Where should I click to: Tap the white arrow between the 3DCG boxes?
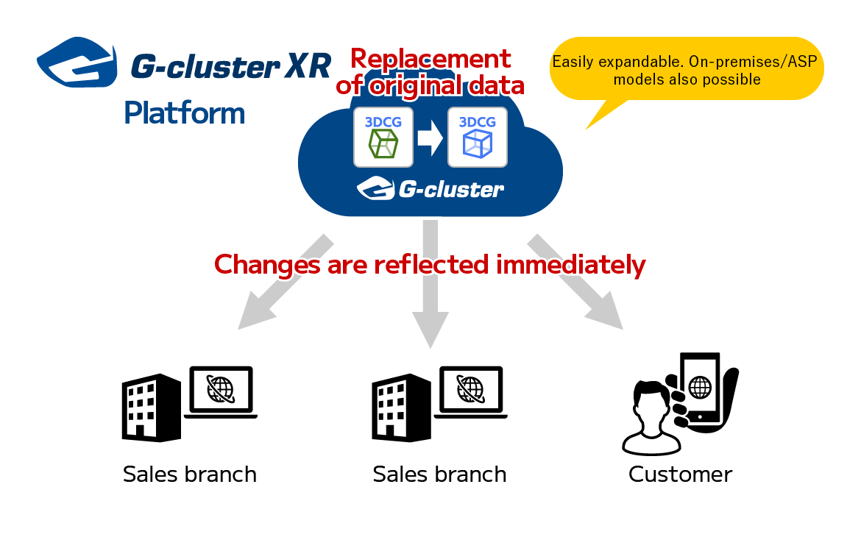(x=430, y=138)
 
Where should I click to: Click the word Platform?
(x=185, y=114)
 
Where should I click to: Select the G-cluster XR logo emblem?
(x=77, y=62)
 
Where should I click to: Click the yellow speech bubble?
(x=687, y=69)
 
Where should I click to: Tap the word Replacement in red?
(x=431, y=58)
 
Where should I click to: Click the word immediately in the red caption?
(x=570, y=265)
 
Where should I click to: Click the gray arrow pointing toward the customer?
(x=575, y=282)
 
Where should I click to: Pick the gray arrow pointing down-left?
(x=286, y=282)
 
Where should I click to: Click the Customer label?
(x=680, y=474)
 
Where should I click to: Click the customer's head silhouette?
(x=652, y=404)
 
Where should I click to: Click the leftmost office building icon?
(x=151, y=408)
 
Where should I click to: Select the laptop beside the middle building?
(x=470, y=392)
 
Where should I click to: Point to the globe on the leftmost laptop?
(x=221, y=389)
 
